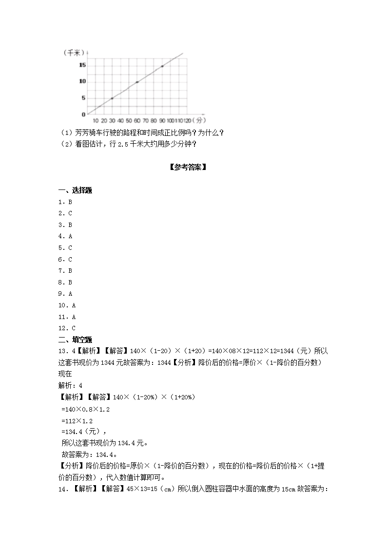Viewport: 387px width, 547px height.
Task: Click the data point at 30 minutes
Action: click(112, 98)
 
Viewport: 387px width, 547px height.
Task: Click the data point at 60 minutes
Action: click(137, 82)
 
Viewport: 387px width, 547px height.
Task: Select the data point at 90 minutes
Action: click(162, 66)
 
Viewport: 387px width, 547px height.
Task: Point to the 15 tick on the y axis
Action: click(82, 65)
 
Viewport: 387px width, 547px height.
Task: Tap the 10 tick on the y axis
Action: click(82, 81)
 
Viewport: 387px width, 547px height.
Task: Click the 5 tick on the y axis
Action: click(83, 98)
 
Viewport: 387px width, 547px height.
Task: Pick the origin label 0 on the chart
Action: click(83, 114)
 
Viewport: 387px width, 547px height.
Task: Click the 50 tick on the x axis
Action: click(129, 120)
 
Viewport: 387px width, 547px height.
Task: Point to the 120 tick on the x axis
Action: click(187, 120)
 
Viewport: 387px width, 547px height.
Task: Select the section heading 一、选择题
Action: click(75, 190)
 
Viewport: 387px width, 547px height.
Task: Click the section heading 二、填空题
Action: click(75, 340)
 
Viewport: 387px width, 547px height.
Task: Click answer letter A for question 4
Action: click(70, 236)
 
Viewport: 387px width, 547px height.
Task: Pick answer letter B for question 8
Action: click(70, 282)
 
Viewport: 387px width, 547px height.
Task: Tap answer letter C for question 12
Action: click(74, 328)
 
